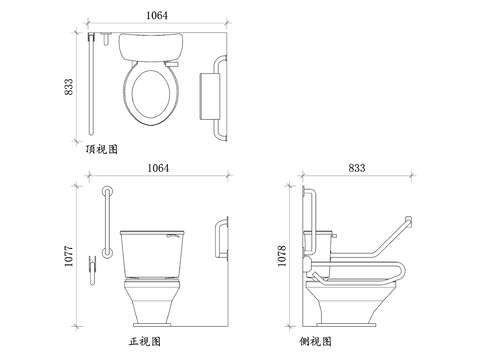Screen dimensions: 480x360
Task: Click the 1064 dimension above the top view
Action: [157, 15]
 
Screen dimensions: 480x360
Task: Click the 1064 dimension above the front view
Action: [158, 168]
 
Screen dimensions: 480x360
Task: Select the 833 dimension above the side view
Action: [357, 168]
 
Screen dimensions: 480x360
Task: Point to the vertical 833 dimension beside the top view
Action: [68, 87]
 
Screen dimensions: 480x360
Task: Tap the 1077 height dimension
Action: [68, 256]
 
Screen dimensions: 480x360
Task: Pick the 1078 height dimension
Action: [282, 256]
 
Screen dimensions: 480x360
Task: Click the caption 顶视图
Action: [102, 149]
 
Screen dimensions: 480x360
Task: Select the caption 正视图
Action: [145, 341]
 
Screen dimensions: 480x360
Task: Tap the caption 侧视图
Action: [315, 341]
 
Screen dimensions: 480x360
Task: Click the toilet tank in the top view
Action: [151, 47]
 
